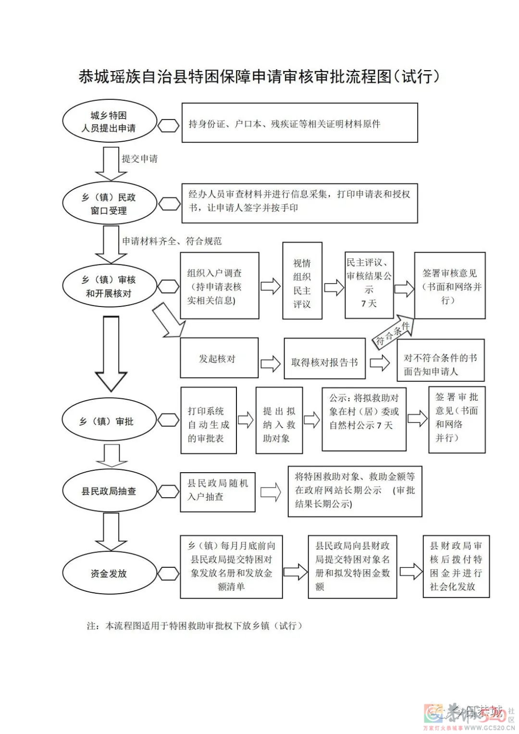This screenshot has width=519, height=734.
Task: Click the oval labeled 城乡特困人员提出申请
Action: [110, 122]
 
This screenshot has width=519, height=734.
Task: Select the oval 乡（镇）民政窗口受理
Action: [110, 204]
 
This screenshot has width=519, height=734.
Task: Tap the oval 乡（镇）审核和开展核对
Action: [110, 286]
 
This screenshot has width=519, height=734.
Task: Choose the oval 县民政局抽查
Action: [110, 491]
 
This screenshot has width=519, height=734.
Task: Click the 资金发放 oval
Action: [110, 573]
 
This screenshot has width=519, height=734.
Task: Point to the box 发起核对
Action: [219, 358]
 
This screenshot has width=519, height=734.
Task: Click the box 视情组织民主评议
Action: [302, 283]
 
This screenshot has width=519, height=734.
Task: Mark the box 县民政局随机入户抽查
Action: [217, 491]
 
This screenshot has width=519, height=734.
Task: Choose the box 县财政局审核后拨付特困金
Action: [456, 566]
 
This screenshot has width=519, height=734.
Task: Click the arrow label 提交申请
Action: [139, 159]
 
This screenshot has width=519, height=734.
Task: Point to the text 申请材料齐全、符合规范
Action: [172, 241]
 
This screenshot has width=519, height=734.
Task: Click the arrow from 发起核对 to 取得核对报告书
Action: [271, 364]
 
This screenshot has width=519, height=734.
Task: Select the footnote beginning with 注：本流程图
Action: [195, 626]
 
